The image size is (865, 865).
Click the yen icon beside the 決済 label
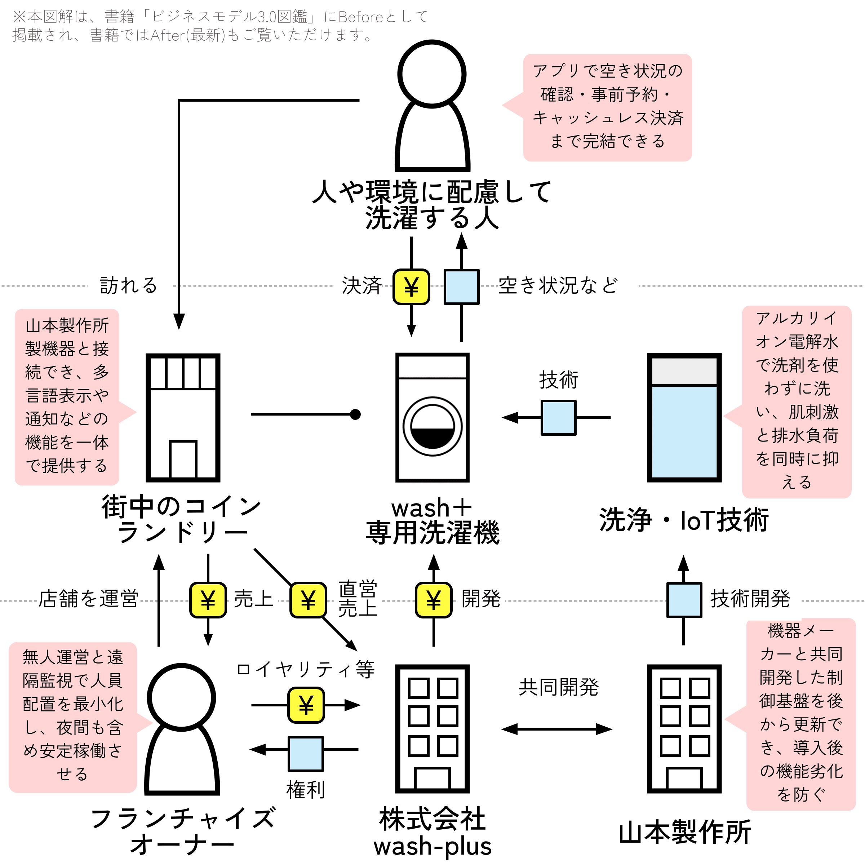tap(411, 287)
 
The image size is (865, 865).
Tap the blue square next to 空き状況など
tap(461, 287)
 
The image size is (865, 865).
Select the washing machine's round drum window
tap(432, 426)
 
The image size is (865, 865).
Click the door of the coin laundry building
tap(183, 460)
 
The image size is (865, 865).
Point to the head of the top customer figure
tap(432, 74)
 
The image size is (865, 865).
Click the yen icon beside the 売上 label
tap(208, 600)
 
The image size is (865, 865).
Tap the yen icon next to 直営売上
tap(308, 600)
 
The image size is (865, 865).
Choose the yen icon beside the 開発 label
tap(433, 600)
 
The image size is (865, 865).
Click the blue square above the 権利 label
tap(306, 754)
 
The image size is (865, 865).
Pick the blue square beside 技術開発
tap(684, 600)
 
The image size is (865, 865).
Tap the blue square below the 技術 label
tap(558, 418)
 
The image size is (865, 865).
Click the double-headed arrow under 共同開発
tap(556, 729)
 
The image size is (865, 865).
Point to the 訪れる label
tap(129, 285)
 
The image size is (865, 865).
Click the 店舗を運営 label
tap(88, 599)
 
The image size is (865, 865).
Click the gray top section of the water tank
tap(684, 371)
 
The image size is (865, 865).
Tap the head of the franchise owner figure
tap(181, 697)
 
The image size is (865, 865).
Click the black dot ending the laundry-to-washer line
tap(355, 414)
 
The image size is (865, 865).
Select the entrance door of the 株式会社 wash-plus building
tap(432, 778)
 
